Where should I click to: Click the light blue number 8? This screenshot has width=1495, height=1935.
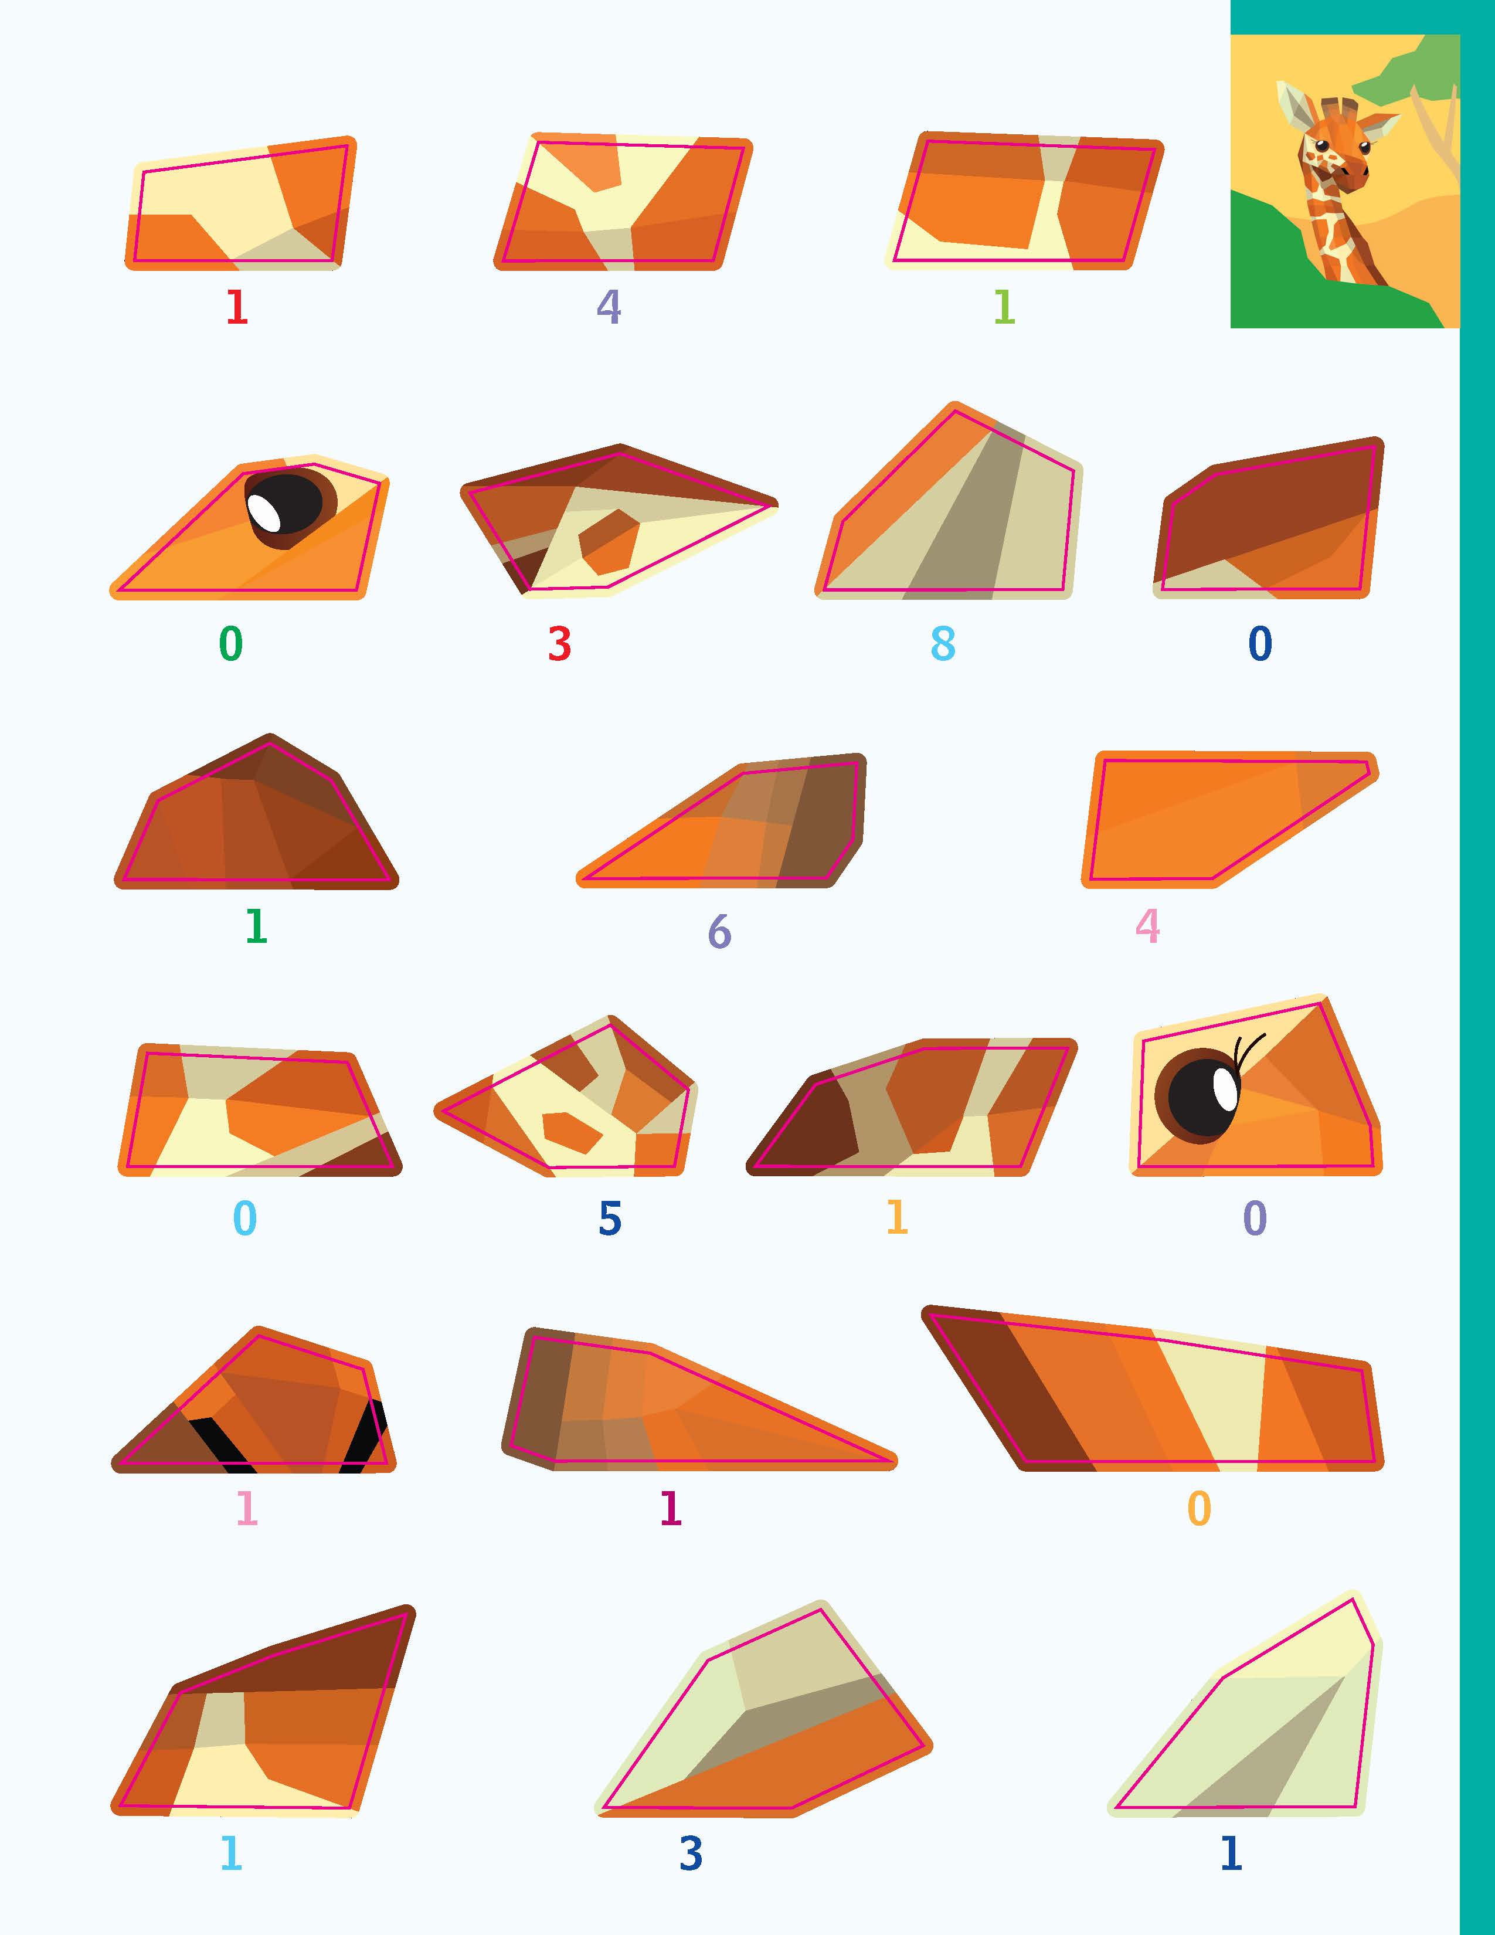coord(943,643)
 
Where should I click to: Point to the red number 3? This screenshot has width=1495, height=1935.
coord(559,643)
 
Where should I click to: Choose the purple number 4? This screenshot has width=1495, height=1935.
coord(609,307)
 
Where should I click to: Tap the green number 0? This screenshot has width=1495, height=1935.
coord(230,643)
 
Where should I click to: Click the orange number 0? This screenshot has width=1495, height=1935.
coord(1198,1508)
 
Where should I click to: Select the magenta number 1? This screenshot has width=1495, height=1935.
coord(671,1508)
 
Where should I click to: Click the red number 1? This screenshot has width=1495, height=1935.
coord(236,307)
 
